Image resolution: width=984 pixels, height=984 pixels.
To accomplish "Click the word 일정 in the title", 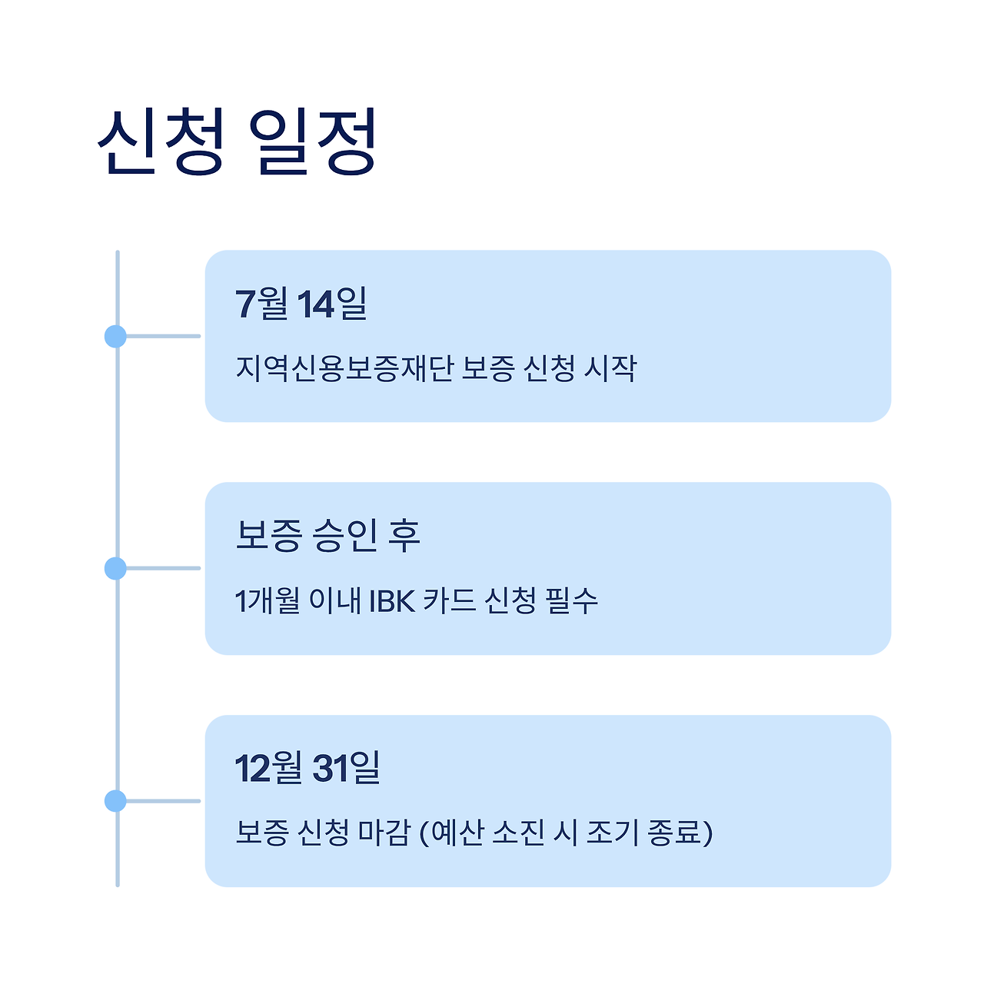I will pos(314,141).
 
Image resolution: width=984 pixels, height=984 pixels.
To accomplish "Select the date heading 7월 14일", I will pos(301,304).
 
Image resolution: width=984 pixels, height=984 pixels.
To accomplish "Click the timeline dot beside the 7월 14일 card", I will pos(115,336).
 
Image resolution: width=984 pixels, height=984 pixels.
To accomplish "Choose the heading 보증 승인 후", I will pos(327,536).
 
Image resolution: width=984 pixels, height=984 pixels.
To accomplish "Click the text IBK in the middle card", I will pos(392,601).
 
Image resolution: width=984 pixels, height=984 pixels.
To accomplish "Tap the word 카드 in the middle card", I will pos(449,601).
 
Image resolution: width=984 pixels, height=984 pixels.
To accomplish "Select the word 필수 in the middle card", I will pos(571,601).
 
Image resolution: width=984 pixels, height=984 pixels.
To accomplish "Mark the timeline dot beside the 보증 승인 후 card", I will pos(115,569).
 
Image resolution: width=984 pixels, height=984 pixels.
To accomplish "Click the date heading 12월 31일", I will pos(307,768).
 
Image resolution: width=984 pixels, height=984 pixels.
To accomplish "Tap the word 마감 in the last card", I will pos(384,833).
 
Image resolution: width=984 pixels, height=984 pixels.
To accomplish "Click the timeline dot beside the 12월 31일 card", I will pos(115,801).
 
